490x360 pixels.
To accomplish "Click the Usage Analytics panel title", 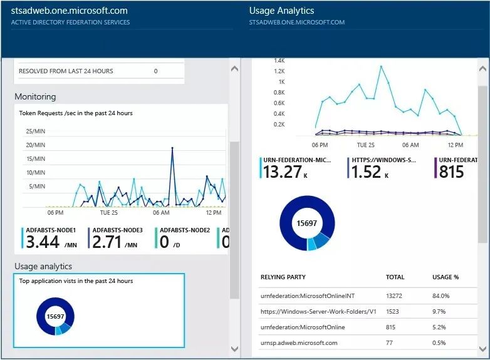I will [x=281, y=11].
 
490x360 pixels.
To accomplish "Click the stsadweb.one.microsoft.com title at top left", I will [x=70, y=11].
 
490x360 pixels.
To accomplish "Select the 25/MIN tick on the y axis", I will [x=35, y=131].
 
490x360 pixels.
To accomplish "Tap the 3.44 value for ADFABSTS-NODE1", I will [x=42, y=242].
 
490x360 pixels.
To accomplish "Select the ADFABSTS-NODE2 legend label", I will [x=184, y=230].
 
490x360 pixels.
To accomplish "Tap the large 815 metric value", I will [x=451, y=172].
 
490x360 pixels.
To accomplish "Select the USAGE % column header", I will [x=446, y=277].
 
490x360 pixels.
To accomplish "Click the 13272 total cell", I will [x=395, y=296].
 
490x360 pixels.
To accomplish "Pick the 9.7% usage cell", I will [x=440, y=311].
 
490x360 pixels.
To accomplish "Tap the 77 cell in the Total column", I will [x=390, y=342].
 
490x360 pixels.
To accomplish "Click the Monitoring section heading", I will [x=35, y=96].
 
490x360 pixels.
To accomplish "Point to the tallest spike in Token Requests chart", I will [x=173, y=148].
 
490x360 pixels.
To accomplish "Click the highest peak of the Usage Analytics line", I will [x=380, y=66].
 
